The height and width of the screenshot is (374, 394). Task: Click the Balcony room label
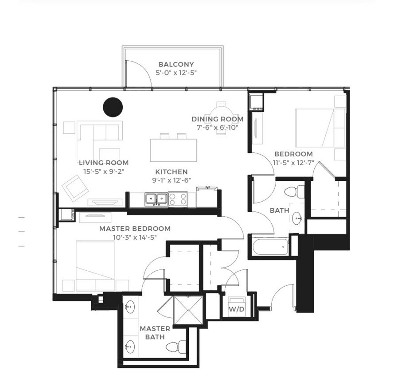[176, 64]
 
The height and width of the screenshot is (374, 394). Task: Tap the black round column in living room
[113, 106]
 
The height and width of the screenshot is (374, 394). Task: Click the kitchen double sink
[156, 199]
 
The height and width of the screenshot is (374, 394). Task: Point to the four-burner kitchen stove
[177, 199]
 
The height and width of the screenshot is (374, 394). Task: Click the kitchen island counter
[173, 150]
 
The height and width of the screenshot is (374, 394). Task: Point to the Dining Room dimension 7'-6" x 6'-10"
[217, 128]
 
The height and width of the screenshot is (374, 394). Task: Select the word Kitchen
[171, 171]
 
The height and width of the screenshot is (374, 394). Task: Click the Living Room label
[104, 163]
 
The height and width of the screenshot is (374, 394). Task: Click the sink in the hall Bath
[298, 218]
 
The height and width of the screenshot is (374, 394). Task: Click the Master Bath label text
[155, 332]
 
